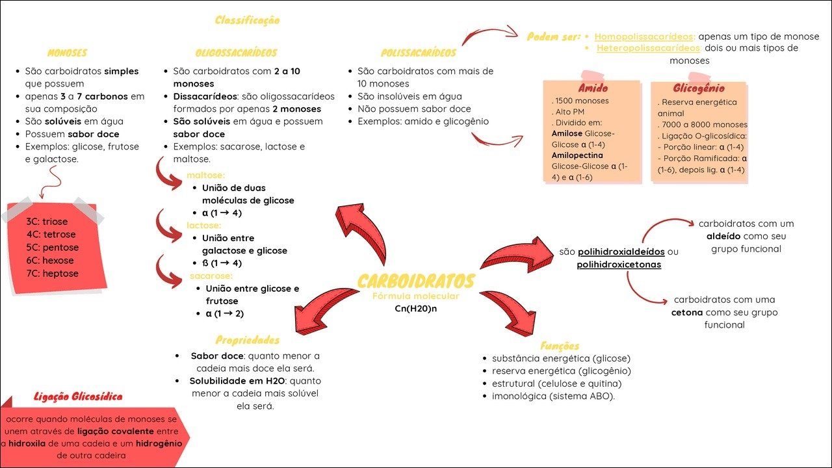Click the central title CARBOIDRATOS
(x=416, y=281)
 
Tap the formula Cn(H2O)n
(x=416, y=308)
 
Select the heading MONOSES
(x=67, y=53)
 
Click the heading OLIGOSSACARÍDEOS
(x=236, y=53)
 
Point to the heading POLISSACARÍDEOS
(x=419, y=53)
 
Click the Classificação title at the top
(x=247, y=20)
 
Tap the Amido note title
(x=592, y=88)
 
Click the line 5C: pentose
(x=53, y=248)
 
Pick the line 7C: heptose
(x=53, y=273)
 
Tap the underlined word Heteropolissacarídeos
(x=648, y=48)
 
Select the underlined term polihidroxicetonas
(x=619, y=265)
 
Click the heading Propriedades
(x=248, y=340)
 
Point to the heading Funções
(x=560, y=346)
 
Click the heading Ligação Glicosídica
(x=78, y=396)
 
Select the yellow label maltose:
(x=205, y=175)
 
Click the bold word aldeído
(x=724, y=236)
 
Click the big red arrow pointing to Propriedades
(x=325, y=311)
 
